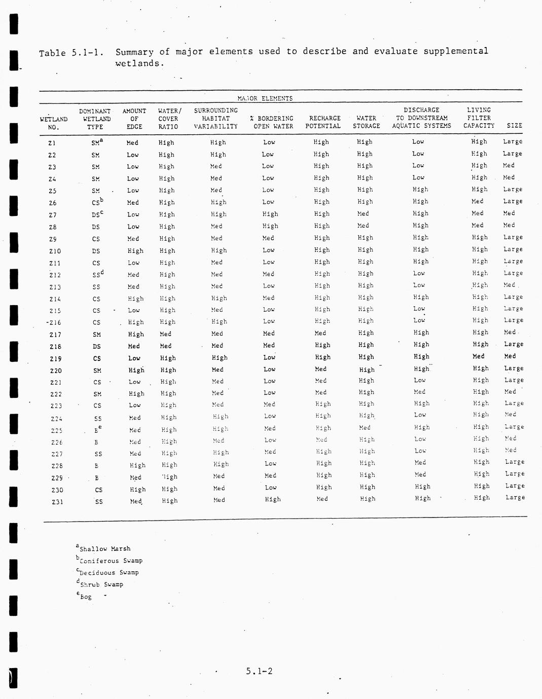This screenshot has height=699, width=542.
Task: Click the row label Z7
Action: [52, 215]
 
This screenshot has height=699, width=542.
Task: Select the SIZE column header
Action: [514, 126]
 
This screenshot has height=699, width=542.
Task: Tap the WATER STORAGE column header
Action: [366, 122]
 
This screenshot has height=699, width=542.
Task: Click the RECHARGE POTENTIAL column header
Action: [324, 122]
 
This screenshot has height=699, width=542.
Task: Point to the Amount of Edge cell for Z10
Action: [135, 251]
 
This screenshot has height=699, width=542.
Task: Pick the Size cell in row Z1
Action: [512, 141]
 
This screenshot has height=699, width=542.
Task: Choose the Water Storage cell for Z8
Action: [363, 226]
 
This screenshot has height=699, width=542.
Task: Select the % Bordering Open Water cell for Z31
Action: [272, 499]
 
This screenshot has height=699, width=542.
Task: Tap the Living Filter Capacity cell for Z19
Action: [478, 356]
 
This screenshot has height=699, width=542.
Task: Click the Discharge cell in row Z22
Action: [419, 392]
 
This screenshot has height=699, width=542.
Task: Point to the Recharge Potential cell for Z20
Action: [320, 369]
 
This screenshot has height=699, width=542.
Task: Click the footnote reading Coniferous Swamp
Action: [111, 561]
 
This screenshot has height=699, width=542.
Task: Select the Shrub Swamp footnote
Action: [101, 584]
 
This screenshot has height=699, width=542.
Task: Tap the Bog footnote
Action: [85, 597]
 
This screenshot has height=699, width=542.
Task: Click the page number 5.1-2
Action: [259, 671]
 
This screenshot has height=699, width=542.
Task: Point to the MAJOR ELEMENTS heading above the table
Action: [265, 98]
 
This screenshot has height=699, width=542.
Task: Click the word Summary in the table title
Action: [134, 52]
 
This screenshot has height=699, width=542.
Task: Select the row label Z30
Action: [57, 490]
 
